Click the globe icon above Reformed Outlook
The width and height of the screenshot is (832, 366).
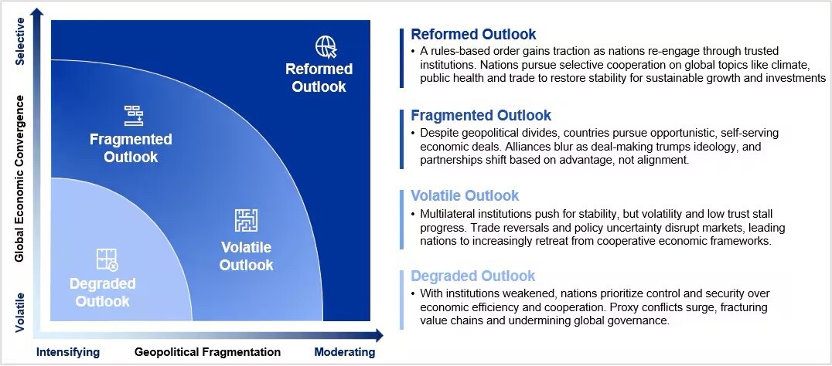click(x=326, y=46)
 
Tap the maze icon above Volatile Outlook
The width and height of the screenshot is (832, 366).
click(x=246, y=220)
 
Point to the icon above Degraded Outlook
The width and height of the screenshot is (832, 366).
click(x=107, y=259)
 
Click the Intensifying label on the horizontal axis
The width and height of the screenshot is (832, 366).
click(x=68, y=352)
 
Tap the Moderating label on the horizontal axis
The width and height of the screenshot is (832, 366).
click(x=344, y=352)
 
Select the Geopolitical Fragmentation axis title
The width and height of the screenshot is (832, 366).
click(x=207, y=352)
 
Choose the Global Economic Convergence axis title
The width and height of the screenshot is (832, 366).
click(x=21, y=178)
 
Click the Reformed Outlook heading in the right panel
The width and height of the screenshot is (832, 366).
click(x=473, y=35)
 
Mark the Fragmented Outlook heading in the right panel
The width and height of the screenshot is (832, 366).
click(x=481, y=116)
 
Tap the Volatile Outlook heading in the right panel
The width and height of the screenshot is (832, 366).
click(x=465, y=196)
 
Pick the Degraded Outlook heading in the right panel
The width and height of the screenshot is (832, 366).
click(x=472, y=276)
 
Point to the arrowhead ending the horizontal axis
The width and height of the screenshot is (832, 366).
click(x=378, y=335)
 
